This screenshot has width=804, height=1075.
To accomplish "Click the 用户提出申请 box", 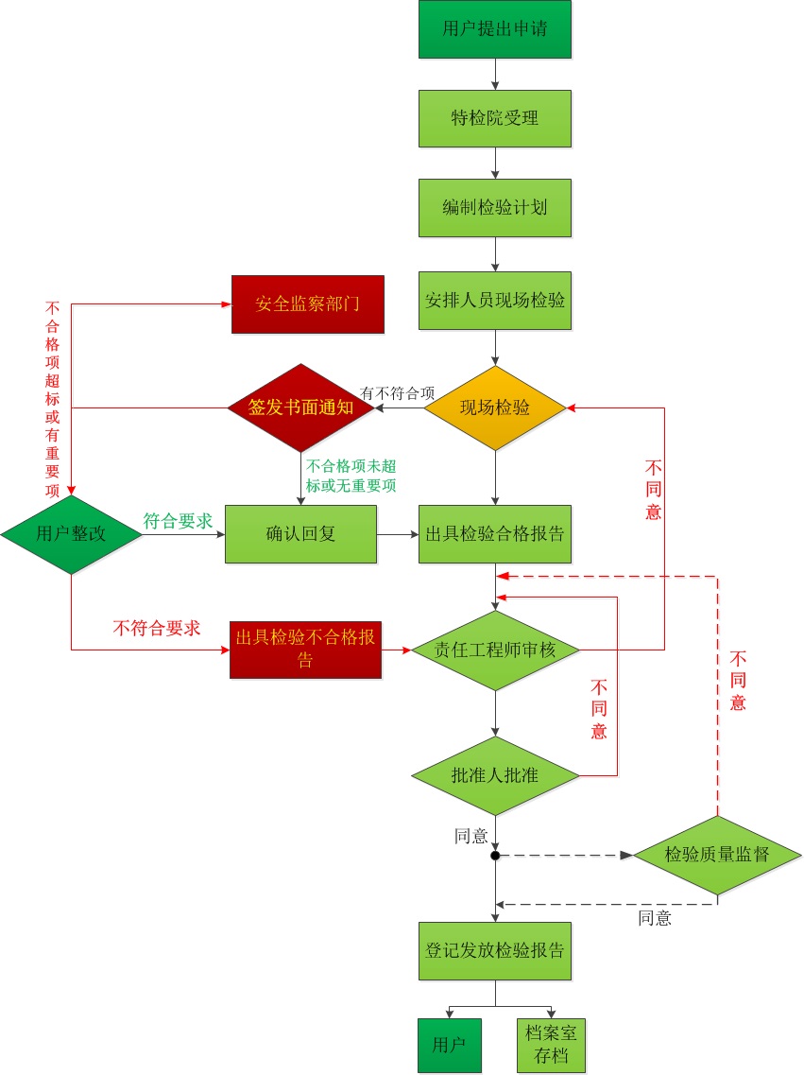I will [495, 28].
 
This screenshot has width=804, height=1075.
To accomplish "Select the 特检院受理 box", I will [495, 118].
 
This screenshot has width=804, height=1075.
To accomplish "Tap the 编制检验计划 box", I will [495, 207].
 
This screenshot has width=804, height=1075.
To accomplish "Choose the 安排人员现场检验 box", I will [495, 301].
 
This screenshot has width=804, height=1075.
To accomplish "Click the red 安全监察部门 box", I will [308, 304].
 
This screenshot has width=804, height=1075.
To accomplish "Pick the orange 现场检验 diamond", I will [495, 408].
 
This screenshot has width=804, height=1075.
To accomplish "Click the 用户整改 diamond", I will [71, 534].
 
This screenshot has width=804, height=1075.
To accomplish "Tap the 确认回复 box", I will [300, 534].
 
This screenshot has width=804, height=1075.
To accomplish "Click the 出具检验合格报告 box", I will [495, 534].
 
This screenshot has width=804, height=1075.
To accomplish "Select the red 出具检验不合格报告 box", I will [305, 650].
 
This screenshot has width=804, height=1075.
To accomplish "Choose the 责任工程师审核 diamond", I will [495, 650].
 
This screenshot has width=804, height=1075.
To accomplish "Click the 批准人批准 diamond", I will [495, 776].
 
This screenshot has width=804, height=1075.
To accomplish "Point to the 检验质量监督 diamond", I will [717, 856].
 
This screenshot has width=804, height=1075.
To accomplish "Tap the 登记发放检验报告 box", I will [495, 950].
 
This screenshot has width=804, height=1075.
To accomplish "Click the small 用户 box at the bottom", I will [450, 1046].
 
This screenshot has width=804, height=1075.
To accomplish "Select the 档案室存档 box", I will [551, 1046].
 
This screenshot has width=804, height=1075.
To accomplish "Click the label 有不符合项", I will [398, 393].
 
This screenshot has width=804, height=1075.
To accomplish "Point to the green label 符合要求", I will [177, 521].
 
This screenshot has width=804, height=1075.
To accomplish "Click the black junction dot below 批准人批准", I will [495, 856].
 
